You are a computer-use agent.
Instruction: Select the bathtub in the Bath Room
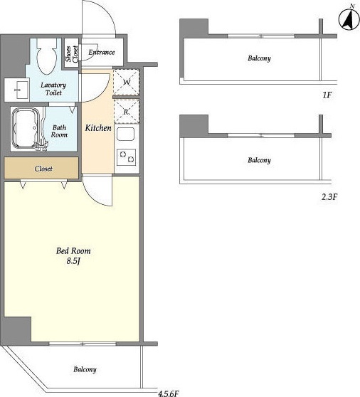point(26,128)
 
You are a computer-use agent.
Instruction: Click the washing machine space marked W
point(127,82)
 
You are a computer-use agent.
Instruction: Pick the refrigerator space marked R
point(127,112)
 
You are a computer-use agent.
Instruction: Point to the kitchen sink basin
point(125,134)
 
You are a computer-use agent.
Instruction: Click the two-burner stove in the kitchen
point(126,157)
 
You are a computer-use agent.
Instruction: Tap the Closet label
point(43,169)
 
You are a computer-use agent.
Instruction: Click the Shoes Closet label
point(72,54)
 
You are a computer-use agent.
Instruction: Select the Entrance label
point(102,53)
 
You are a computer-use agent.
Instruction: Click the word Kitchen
point(98,128)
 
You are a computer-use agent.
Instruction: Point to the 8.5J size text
point(73,261)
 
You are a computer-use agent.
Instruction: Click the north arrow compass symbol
point(349,19)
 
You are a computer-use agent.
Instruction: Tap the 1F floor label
point(327,95)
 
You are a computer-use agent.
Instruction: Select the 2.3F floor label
point(329,197)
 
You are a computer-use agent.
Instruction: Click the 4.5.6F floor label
point(169,393)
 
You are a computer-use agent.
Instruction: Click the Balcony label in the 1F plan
point(259,58)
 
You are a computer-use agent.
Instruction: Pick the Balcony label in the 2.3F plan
point(259,160)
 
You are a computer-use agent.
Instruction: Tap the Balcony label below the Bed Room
point(85,369)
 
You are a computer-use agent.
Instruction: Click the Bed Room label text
point(73,251)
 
